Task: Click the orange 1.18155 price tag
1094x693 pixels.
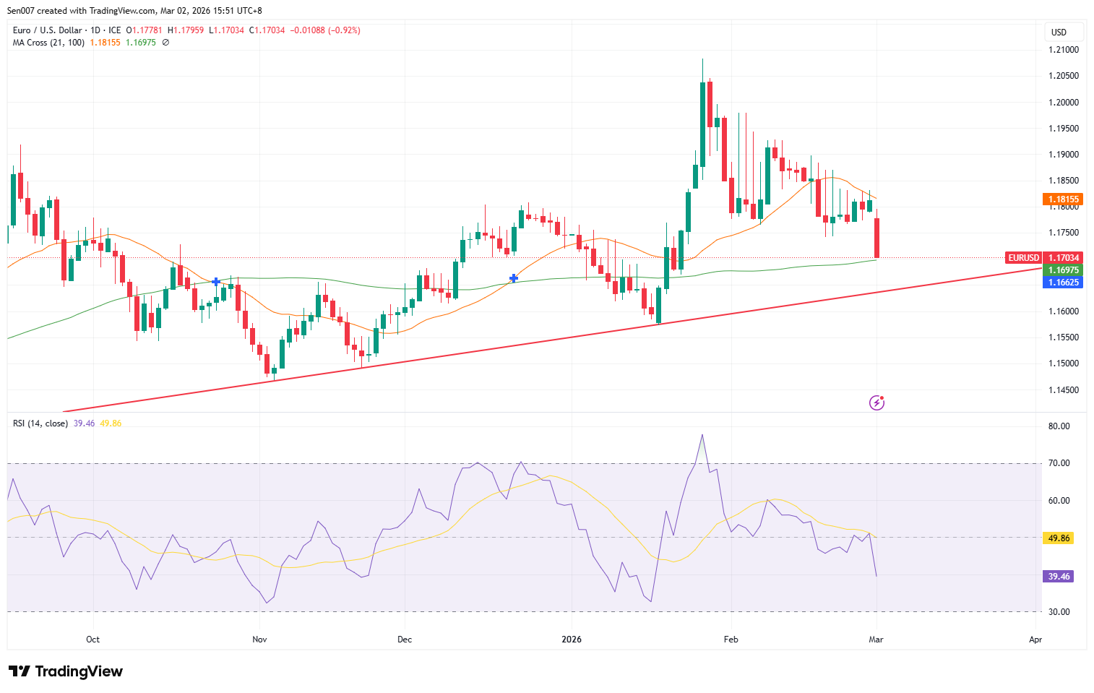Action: [x=1063, y=199]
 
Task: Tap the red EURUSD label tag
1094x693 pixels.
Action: [x=1023, y=258]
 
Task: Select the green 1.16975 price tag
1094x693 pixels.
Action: [x=1063, y=270]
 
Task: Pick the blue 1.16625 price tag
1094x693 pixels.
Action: [x=1063, y=283]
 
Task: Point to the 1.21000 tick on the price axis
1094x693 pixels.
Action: [x=1063, y=50]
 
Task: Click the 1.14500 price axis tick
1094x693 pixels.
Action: [x=1063, y=390]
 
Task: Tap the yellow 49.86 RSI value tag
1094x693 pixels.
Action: [x=1059, y=538]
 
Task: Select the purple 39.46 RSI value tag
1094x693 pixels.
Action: [x=1059, y=577]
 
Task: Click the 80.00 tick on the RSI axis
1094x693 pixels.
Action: [x=1059, y=426]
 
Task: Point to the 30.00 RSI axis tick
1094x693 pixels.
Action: [x=1059, y=612]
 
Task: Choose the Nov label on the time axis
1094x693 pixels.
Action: [x=259, y=640]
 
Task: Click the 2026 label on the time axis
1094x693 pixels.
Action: [x=572, y=640]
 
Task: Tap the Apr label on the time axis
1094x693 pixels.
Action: [x=1035, y=640]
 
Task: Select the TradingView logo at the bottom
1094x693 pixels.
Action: [x=66, y=671]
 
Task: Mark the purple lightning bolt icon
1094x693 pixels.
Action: [x=877, y=403]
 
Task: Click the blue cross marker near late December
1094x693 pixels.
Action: [x=514, y=278]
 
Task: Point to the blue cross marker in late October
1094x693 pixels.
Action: [x=216, y=281]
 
